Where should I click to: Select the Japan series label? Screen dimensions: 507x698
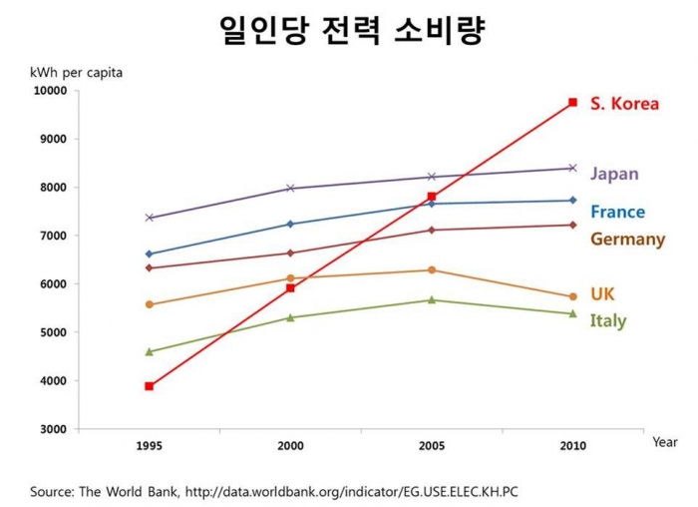(x=614, y=174)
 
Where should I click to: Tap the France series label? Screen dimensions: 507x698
(x=617, y=212)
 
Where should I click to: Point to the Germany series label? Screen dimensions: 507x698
(x=627, y=240)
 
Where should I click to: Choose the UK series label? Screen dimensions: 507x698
(x=602, y=294)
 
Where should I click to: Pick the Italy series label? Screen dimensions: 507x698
(x=607, y=320)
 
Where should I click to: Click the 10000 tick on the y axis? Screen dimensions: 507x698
(x=50, y=91)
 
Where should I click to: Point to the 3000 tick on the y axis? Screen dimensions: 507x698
(x=53, y=429)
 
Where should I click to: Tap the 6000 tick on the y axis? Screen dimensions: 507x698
(x=53, y=284)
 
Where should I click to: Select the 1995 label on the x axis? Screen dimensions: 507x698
(x=150, y=446)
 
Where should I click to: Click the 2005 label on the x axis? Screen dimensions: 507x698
(x=432, y=446)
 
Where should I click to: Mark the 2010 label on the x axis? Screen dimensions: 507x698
(x=572, y=446)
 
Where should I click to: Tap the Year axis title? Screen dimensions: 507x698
(x=665, y=441)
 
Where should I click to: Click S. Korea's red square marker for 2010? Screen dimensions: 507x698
(x=572, y=103)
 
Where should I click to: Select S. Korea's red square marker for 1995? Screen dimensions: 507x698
(x=150, y=386)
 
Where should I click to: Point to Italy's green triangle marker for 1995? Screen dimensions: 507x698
(x=150, y=351)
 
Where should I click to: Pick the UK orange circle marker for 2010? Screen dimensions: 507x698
(x=572, y=296)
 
